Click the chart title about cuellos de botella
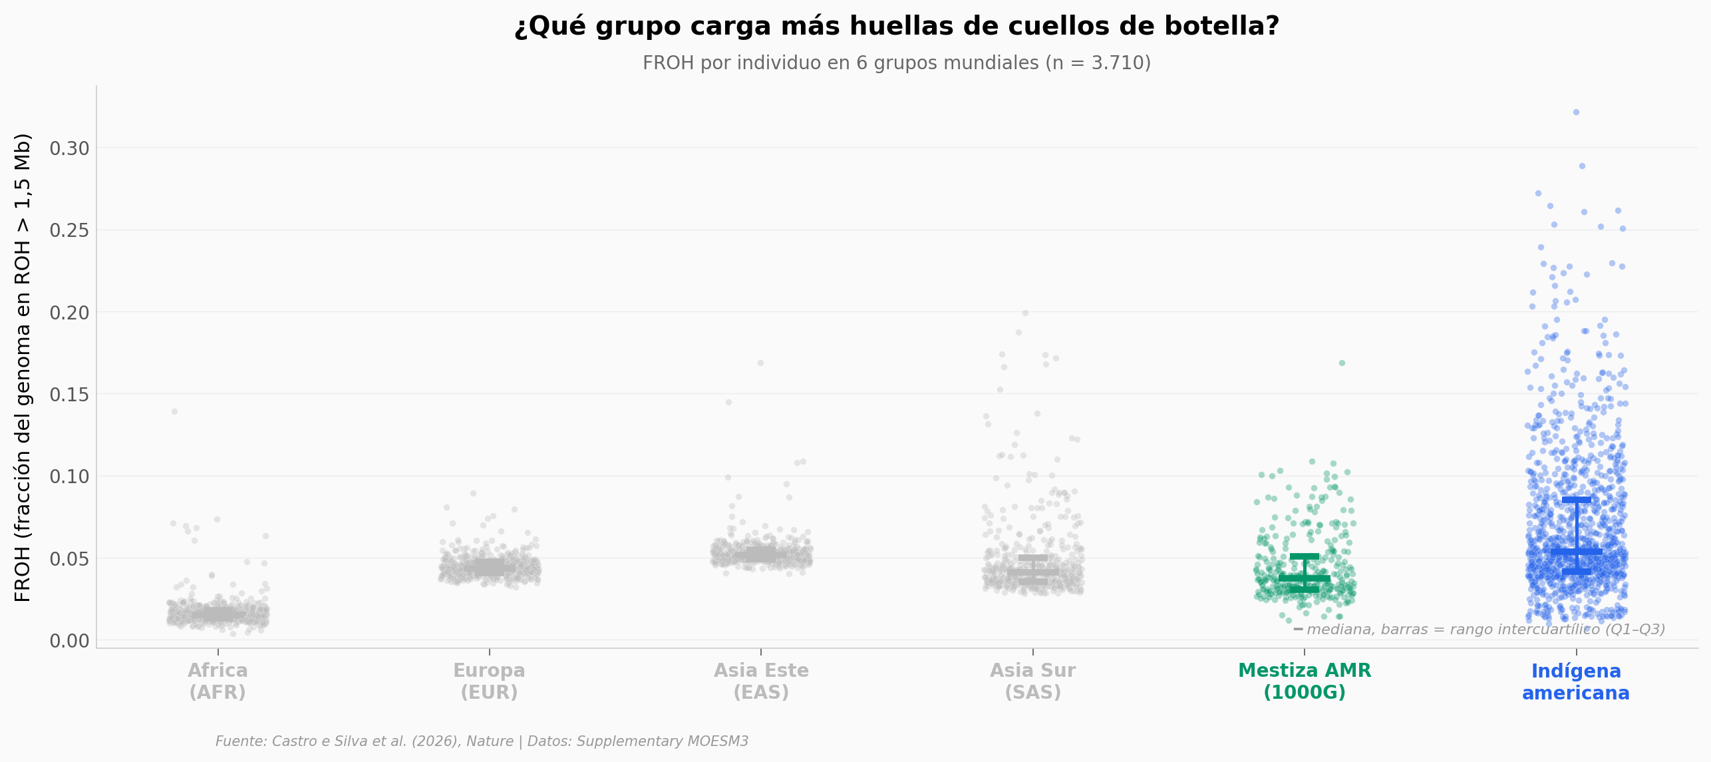[x=897, y=27]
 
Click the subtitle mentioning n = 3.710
[x=897, y=63]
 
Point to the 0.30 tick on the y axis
[x=69, y=148]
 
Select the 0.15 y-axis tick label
[x=69, y=395]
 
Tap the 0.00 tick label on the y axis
[x=69, y=641]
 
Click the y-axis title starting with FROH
[x=23, y=367]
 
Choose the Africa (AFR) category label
[x=218, y=681]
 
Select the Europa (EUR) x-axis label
[x=489, y=681]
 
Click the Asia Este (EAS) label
[x=761, y=681]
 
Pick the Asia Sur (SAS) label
[x=1032, y=681]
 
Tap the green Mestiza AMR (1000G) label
[x=1305, y=681]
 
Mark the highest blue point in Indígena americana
[x=1576, y=112]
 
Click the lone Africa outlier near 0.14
[x=174, y=412]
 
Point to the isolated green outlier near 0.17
[x=1342, y=363]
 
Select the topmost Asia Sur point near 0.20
[x=1025, y=313]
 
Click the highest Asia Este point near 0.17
[x=760, y=363]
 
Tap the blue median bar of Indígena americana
[x=1576, y=552]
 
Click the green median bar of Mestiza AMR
[x=1305, y=578]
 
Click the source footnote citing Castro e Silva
[x=482, y=741]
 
